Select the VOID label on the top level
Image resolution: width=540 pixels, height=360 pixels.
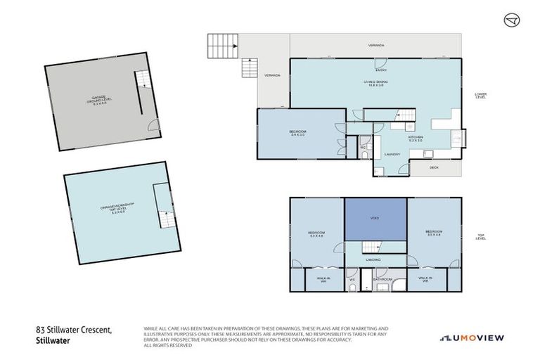pos(375,219)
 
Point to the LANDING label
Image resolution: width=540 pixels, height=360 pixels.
pos(373,259)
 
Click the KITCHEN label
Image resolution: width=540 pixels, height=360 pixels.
pos(415,138)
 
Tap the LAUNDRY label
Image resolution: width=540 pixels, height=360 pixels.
pos(392,154)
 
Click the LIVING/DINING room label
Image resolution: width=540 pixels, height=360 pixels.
pos(375,82)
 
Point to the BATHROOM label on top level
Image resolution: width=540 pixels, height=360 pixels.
pos(382,280)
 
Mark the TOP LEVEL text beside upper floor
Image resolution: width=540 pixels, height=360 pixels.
pos(481,238)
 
